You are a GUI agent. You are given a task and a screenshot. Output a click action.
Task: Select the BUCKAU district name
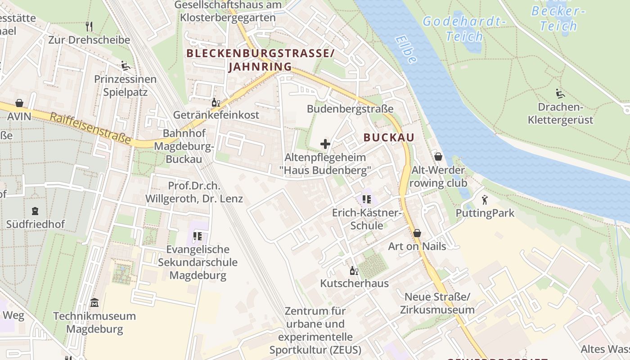click(388, 138)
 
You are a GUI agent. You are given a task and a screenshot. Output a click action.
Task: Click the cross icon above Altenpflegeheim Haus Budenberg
click(325, 144)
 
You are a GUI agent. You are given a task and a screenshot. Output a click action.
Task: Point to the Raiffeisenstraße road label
click(90, 128)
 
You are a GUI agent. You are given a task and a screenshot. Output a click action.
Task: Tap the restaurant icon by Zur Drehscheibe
click(89, 27)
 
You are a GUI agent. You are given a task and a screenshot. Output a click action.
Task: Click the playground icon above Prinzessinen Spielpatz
click(126, 66)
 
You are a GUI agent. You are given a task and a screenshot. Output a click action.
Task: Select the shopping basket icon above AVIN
click(19, 103)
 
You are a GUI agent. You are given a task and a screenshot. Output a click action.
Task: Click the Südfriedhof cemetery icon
click(35, 211)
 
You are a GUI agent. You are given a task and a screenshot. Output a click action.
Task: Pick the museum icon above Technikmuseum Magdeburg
click(94, 302)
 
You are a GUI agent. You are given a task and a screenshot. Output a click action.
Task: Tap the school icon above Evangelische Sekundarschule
click(197, 236)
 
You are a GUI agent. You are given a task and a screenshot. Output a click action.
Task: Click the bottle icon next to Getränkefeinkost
click(216, 102)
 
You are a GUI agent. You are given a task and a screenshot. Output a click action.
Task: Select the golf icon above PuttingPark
click(485, 199)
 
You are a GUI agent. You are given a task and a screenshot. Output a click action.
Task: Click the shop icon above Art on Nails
click(417, 233)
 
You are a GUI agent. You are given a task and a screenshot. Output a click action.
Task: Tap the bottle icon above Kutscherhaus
click(354, 270)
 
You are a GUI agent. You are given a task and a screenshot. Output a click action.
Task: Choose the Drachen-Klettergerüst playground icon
click(560, 94)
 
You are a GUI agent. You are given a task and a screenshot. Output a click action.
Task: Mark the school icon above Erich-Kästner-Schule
click(366, 199)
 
